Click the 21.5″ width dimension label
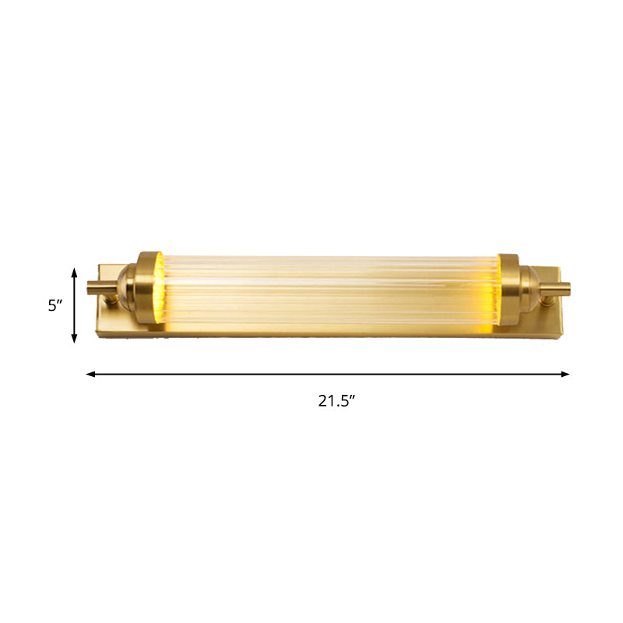click(x=336, y=401)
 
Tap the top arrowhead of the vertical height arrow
click(x=75, y=271)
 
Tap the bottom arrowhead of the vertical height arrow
click(x=75, y=339)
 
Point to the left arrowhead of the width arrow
click(x=90, y=374)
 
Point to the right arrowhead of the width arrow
click(x=565, y=374)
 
